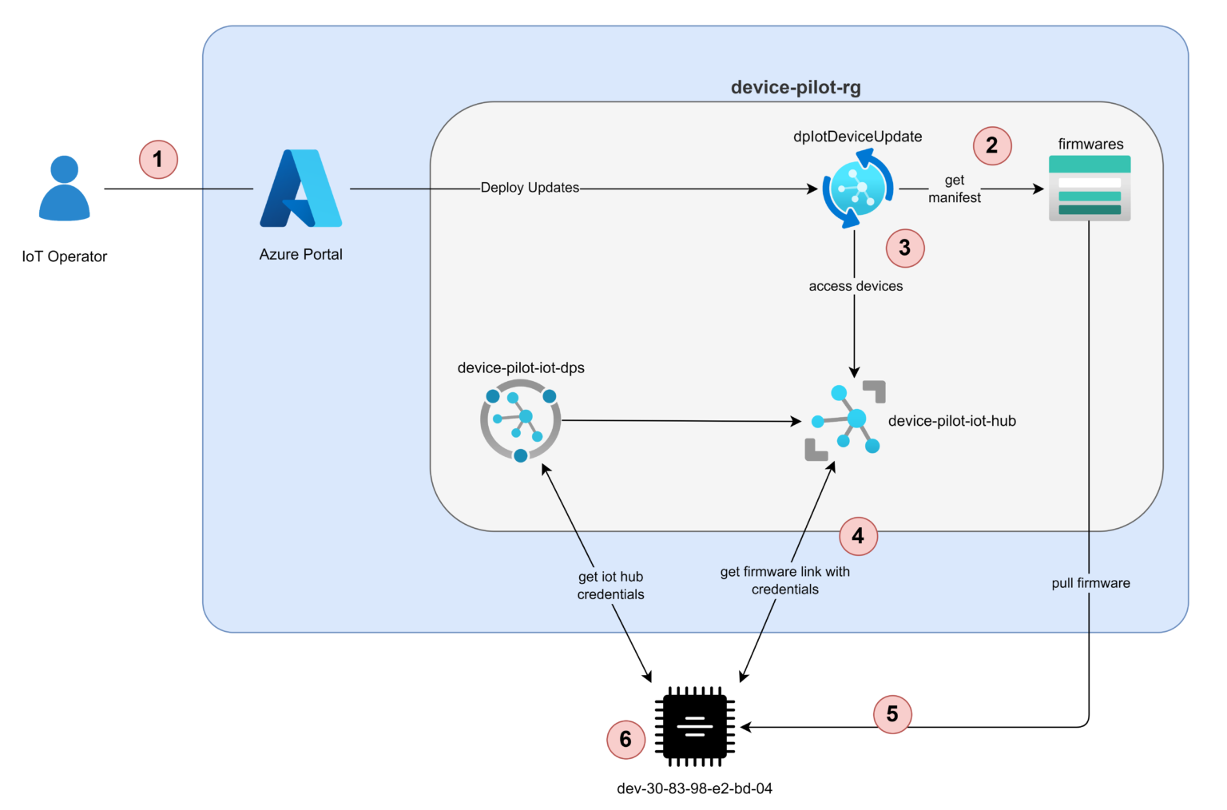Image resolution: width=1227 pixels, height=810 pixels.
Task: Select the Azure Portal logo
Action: [300, 189]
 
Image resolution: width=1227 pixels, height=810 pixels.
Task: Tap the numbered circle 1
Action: [158, 159]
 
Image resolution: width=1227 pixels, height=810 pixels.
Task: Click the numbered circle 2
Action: [992, 145]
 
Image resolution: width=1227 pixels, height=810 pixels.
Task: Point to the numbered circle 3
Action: [905, 248]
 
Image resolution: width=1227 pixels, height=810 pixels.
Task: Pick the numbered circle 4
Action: [858, 535]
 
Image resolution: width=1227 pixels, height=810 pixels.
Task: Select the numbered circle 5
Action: [892, 713]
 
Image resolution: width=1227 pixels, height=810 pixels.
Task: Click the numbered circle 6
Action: [625, 739]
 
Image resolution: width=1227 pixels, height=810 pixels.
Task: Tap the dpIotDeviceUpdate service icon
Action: [858, 190]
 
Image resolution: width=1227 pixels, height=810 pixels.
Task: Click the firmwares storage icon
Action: [1090, 189]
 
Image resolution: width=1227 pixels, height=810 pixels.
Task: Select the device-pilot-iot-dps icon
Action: [521, 420]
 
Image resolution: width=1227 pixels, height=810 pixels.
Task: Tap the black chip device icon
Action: [694, 725]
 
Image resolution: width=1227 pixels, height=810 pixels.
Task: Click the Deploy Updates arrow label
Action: [530, 188]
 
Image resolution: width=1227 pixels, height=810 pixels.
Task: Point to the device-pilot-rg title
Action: [796, 87]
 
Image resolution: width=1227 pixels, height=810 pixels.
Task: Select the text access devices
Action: [856, 286]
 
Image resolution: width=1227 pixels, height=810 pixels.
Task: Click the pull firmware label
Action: [1090, 583]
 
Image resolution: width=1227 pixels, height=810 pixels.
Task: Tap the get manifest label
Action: [955, 189]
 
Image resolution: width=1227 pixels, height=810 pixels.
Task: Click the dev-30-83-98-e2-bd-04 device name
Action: [694, 788]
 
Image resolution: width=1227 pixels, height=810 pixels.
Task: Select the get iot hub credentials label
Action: [610, 586]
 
